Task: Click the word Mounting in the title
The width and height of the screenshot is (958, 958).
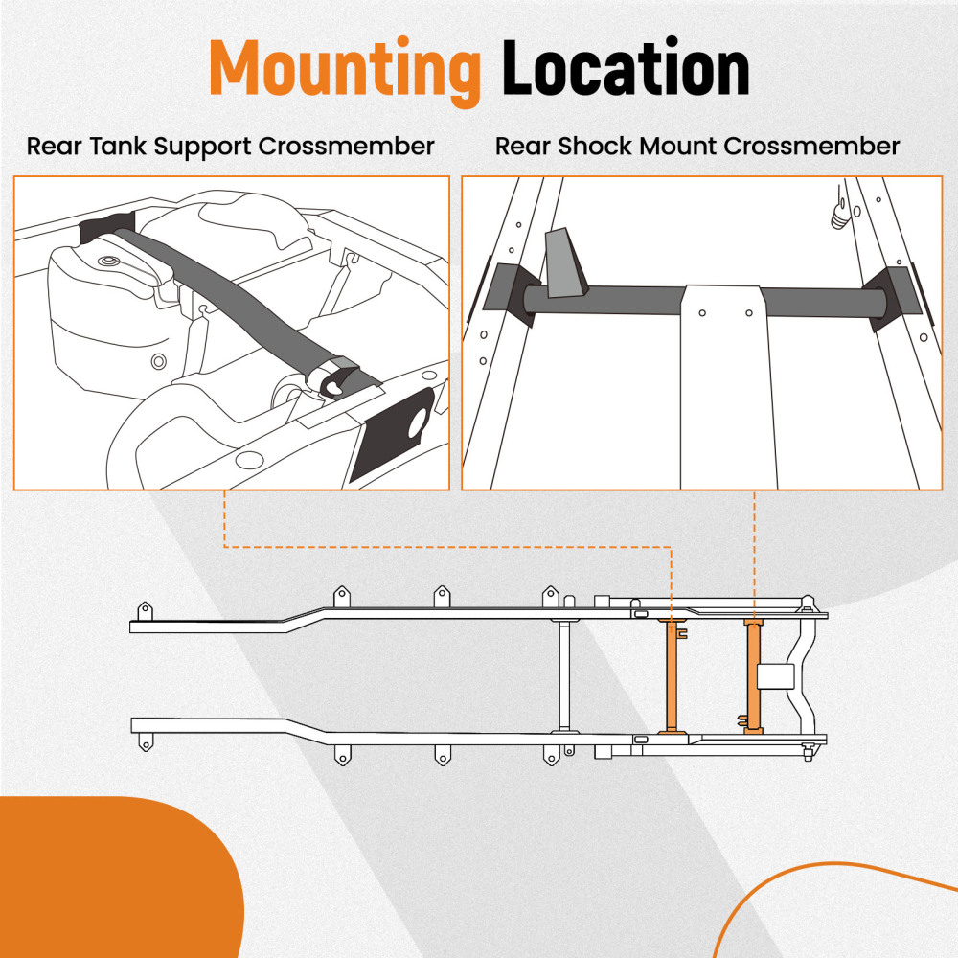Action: pyautogui.click(x=344, y=69)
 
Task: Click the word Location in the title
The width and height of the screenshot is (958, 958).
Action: pyautogui.click(x=626, y=69)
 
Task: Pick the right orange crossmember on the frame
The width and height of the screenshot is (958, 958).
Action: pyautogui.click(x=753, y=676)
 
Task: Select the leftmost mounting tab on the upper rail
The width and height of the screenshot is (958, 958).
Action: pyautogui.click(x=145, y=610)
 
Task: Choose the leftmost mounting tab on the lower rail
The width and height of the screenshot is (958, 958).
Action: pyautogui.click(x=145, y=741)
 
